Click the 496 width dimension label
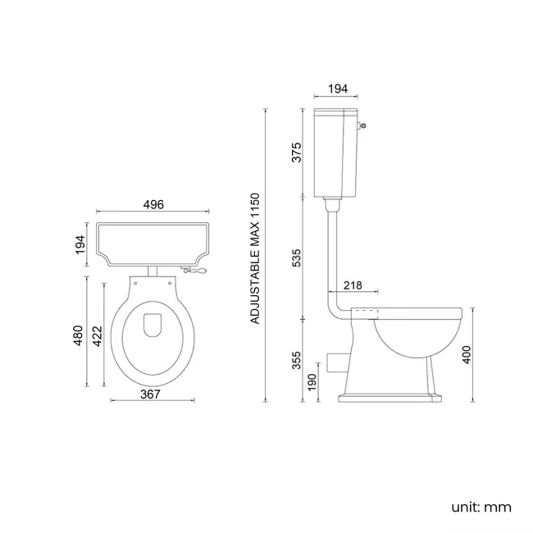click(x=153, y=205)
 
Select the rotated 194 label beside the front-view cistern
click(x=80, y=244)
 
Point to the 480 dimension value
click(x=79, y=336)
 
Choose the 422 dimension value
click(x=97, y=336)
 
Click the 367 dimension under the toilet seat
click(x=149, y=394)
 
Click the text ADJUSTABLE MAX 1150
click(x=255, y=258)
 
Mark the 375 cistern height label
click(x=297, y=153)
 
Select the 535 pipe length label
click(x=297, y=259)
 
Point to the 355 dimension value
click(x=297, y=360)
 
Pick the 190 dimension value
click(x=312, y=383)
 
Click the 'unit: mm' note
click(x=481, y=507)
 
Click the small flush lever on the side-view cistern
click(x=362, y=125)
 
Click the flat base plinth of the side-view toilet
click(x=387, y=399)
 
